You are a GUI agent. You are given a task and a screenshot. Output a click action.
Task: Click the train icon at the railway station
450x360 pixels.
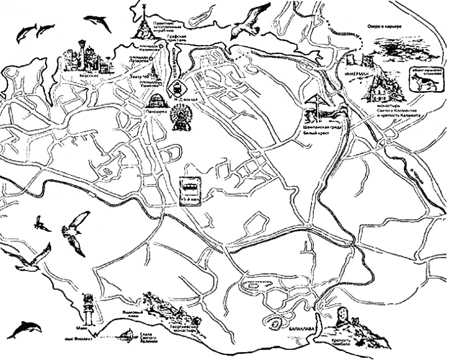[x=178, y=89]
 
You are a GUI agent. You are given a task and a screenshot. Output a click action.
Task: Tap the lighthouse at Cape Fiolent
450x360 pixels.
[x=89, y=308]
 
